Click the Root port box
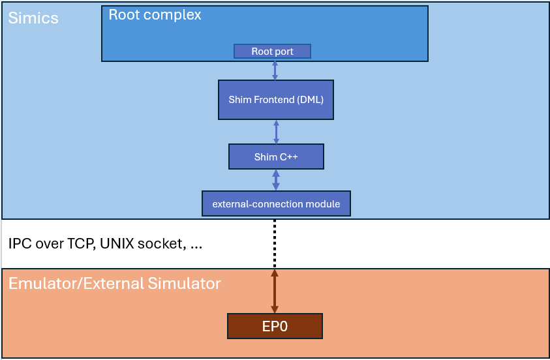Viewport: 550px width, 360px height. (272, 52)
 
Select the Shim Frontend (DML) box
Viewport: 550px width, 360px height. (276, 100)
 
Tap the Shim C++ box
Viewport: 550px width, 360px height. (276, 157)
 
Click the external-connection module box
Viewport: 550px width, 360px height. (276, 204)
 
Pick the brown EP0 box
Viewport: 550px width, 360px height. (275, 326)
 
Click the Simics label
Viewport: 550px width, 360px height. (33, 18)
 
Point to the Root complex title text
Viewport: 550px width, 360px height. (155, 15)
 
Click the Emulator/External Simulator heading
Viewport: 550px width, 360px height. (115, 284)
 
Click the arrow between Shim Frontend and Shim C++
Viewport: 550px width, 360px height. (276, 132)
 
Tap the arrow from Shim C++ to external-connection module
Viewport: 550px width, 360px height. (276, 180)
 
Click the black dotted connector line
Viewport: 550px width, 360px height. (275, 243)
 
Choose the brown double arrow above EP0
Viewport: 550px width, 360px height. (275, 291)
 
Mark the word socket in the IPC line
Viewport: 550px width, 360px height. (166, 245)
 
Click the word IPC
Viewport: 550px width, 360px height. (20, 244)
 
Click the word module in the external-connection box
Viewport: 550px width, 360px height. (322, 204)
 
